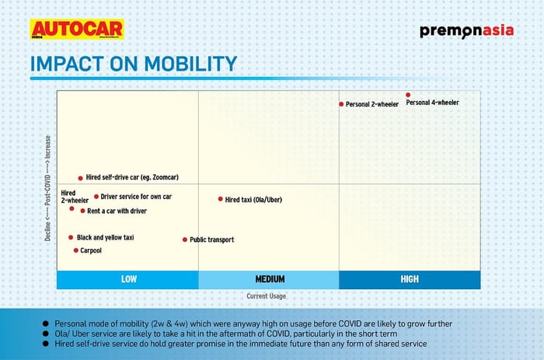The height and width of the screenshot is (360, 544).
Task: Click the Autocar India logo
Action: tap(76, 30)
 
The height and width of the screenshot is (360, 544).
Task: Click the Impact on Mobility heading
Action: tap(133, 65)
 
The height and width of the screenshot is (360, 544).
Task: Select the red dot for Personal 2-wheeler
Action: tap(340, 104)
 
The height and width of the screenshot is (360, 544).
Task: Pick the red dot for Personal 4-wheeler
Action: tap(408, 95)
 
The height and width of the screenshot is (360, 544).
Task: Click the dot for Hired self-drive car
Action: tap(80, 178)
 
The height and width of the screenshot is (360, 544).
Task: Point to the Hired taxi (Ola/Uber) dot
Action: tap(220, 199)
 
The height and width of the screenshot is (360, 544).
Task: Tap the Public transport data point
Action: tap(185, 239)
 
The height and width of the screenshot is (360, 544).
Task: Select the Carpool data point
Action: tap(75, 250)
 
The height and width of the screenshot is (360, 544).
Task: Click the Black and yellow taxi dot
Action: tap(71, 237)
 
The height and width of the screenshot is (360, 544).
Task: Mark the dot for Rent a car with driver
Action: tap(82, 211)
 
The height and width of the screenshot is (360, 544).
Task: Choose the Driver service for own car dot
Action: tap(96, 197)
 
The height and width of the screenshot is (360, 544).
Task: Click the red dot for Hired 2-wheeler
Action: tap(71, 208)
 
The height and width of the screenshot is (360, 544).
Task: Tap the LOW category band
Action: tap(127, 279)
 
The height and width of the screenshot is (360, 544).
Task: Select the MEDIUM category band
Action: tap(270, 279)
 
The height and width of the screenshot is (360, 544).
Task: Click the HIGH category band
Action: tap(410, 279)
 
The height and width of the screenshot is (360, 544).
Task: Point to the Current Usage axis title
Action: tap(267, 296)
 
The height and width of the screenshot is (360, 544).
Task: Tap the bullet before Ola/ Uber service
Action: tap(46, 333)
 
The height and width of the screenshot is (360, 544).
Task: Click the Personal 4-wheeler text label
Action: tap(433, 103)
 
